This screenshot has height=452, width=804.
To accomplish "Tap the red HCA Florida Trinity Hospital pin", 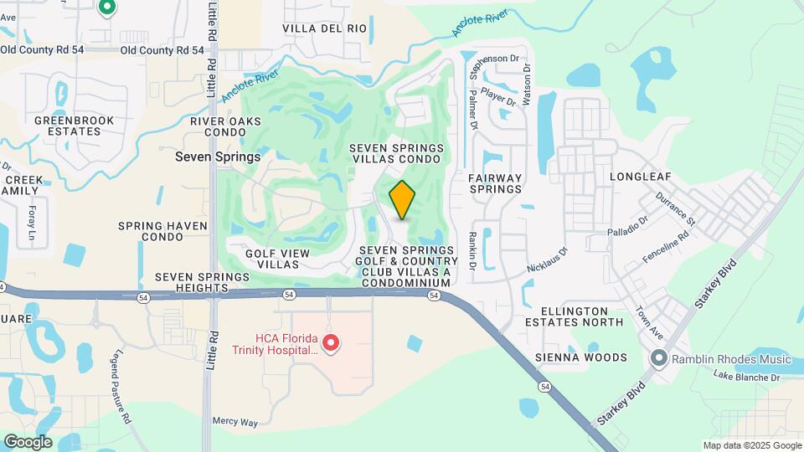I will coord(331,343).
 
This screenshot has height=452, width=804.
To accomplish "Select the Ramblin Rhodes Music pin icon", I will coord(658,359).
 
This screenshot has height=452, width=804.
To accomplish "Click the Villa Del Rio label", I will coord(325,28).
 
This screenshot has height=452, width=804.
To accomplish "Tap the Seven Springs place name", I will coord(218,157).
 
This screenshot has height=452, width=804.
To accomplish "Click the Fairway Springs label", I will coord(495,183).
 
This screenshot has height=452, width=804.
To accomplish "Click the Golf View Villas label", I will coord(278,259).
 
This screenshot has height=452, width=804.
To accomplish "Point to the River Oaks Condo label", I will coord(222,127).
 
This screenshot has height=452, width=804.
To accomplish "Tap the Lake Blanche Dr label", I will coord(746,378).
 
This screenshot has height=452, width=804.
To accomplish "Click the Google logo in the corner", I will coord(28,442).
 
